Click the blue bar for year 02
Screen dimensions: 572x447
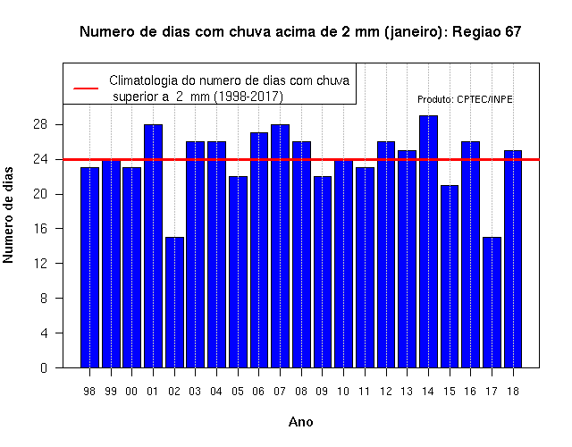174,302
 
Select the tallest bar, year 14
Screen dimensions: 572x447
428,241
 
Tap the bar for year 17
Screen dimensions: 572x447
492,302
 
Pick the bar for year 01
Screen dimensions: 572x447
153,246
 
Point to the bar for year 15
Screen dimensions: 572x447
450,276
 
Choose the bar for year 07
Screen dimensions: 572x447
280,246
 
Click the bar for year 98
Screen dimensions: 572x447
89,267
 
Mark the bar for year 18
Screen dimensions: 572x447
513,258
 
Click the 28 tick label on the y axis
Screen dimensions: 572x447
40,124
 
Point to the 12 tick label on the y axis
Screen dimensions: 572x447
40,263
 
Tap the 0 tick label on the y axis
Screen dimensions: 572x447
44,367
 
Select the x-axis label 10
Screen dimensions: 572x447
343,392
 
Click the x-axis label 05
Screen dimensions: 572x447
238,392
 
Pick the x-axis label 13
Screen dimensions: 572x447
407,392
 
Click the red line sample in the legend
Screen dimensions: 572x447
86,89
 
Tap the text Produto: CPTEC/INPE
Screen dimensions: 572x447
465,99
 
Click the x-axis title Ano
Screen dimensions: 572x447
300,422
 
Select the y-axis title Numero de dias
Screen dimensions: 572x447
8,215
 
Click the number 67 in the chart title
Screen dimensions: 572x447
513,32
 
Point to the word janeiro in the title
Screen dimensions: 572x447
414,32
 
